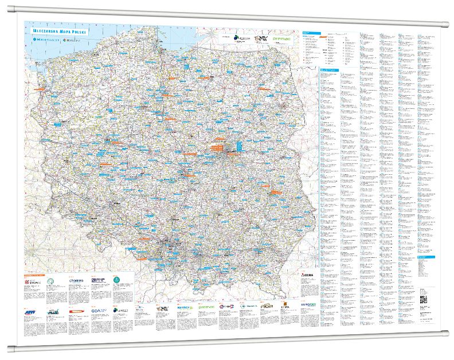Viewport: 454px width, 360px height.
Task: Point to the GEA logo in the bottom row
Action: tap(96, 311)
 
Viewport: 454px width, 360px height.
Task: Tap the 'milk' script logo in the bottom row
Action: tap(53, 312)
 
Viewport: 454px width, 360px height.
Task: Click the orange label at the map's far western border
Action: tap(56, 124)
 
